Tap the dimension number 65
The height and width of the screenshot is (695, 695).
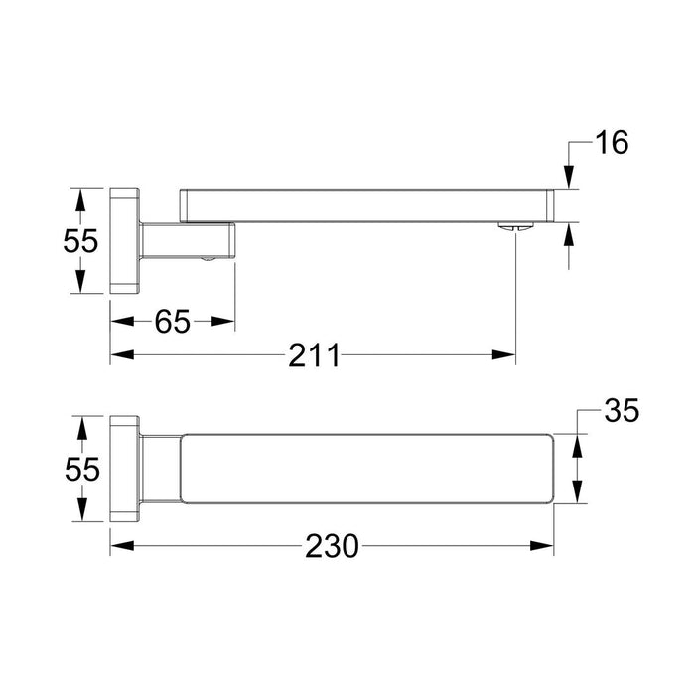click(173, 321)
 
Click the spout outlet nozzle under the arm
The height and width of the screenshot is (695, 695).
click(515, 226)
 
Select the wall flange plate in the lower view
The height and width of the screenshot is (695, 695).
click(124, 468)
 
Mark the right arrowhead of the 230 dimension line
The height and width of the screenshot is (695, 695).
click(547, 545)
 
